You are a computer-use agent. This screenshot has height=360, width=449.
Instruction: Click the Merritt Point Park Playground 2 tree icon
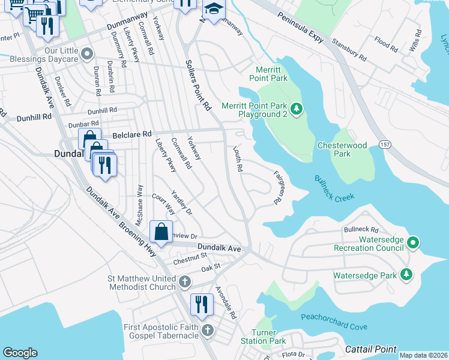pos(296,109)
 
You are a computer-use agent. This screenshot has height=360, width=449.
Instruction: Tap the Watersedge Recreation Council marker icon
pos(412,243)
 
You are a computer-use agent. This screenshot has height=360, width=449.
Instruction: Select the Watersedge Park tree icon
pos(407,275)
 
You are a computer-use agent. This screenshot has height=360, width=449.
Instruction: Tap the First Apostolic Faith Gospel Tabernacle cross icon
pos(207,331)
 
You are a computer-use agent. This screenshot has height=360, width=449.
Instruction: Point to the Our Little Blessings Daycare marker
pos(87,55)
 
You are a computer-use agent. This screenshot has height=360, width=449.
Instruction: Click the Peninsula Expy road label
pos(300,29)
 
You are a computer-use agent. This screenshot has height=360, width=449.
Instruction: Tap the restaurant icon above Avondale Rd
pos(202,304)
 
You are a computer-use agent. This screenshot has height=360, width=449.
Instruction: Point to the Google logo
pos(20,353)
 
